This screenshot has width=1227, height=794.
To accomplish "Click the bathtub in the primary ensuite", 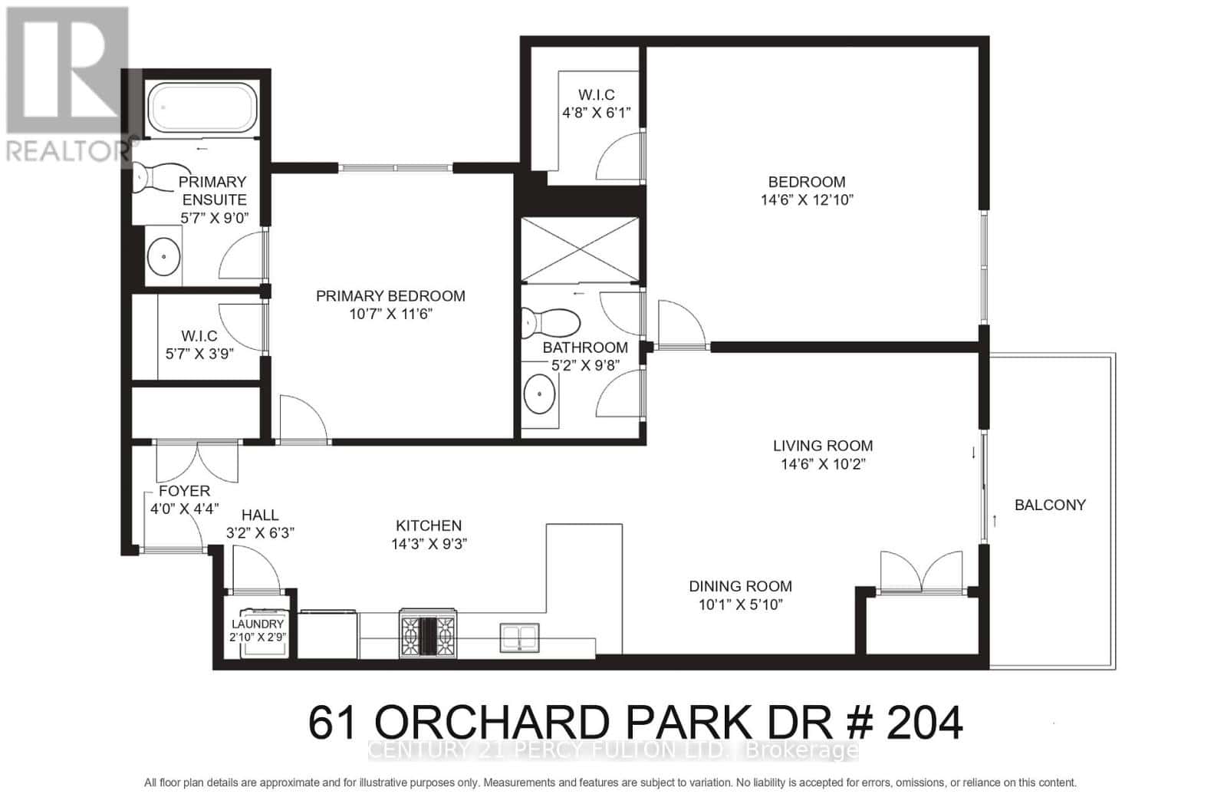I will coord(201,108).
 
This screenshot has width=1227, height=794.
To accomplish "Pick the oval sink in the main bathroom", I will coord(540,395).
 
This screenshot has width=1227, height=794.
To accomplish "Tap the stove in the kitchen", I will coord(427,632).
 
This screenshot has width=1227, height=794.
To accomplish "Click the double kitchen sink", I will coord(521,637).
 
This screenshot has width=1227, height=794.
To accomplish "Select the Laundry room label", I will coord(257,624).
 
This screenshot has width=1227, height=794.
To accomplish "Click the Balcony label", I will coord(1049,505).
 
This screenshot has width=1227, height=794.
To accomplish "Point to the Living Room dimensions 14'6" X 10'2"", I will coord(822,463).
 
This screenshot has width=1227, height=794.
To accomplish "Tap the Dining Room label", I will coord(739,586).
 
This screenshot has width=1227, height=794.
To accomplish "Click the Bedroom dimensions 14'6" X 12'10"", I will coord(807,199).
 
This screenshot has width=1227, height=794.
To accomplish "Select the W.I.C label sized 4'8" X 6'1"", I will coord(596,95).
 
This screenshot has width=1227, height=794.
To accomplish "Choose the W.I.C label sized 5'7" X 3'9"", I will coord(199,336).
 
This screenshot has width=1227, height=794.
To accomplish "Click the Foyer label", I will coord(184,491).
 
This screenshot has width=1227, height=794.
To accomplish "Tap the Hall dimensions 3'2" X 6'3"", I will coord(260,532).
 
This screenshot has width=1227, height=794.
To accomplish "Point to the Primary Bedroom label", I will coord(390,296).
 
